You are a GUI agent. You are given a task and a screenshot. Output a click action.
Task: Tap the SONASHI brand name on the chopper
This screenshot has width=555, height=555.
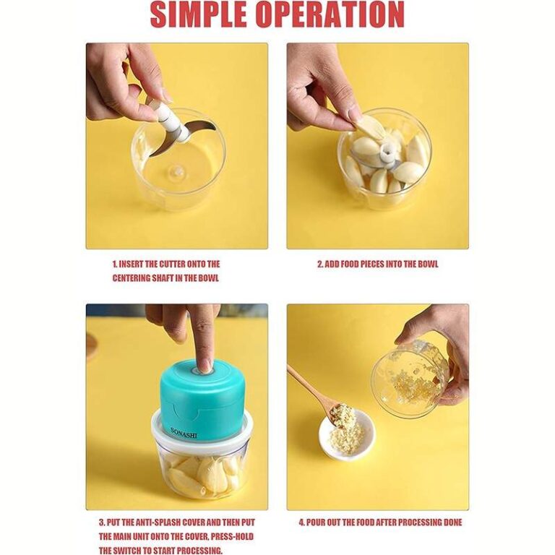click(184, 433)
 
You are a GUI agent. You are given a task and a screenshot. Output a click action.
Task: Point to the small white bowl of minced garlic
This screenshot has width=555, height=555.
click(347, 434)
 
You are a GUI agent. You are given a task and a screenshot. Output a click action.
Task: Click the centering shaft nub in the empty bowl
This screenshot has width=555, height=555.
click(176, 173)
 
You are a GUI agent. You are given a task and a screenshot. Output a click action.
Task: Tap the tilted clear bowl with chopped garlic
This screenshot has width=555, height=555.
click(410, 375)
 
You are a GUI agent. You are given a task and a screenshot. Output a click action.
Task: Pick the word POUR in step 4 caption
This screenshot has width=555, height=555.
click(315, 522)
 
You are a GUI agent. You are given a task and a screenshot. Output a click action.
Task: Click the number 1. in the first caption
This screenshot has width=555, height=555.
click(115, 264)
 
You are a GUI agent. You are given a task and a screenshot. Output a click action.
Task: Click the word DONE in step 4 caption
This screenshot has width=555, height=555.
click(452, 522)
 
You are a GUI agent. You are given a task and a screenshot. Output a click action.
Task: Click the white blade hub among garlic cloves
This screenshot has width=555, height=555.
click(387, 155)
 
